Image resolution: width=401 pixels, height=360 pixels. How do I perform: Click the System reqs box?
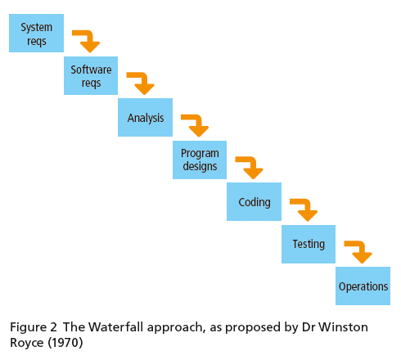36,33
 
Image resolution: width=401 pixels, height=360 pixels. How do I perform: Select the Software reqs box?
91,75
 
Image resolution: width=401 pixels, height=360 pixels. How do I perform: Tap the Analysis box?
145,117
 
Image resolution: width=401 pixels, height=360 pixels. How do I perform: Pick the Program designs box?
200,160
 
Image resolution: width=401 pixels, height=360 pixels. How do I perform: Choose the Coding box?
254,201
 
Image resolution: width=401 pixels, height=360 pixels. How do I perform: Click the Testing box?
309,244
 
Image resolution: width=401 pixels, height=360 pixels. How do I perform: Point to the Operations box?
363,286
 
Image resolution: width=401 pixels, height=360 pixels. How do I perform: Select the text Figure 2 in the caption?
34,327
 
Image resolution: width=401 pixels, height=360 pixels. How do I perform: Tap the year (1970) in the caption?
65,343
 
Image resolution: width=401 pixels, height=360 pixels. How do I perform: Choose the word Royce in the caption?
27,343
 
